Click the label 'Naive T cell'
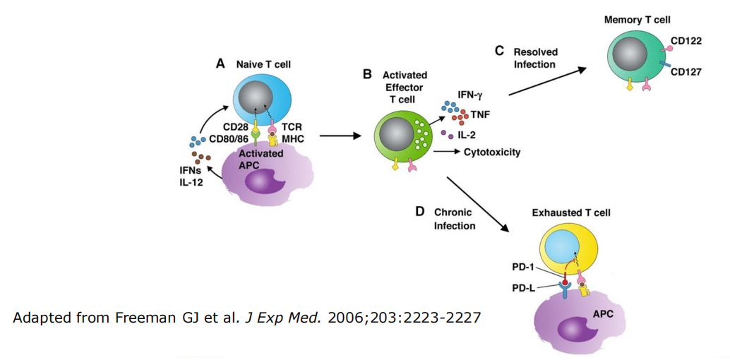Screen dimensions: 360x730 [264, 64]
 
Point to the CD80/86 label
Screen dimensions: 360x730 [229, 138]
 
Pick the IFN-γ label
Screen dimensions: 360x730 [469, 93]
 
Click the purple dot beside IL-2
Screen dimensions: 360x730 [443, 133]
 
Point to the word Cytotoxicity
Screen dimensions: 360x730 [492, 152]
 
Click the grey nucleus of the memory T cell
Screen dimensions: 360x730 [628, 55]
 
